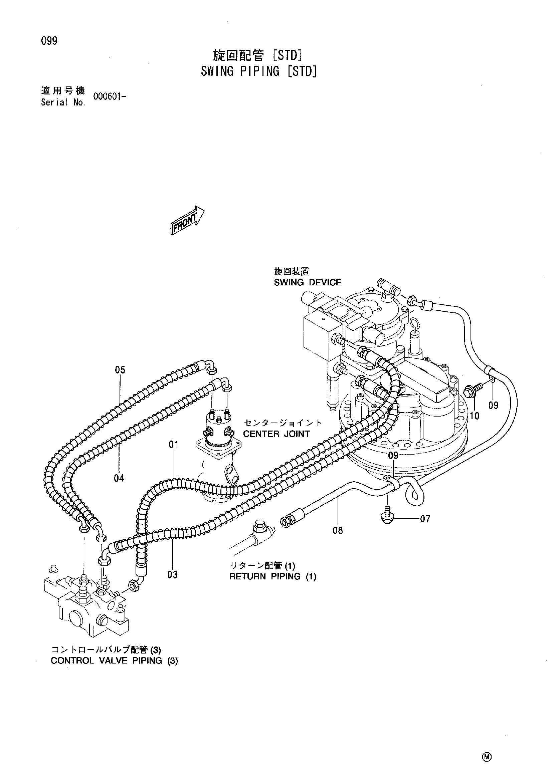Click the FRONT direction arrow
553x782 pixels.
(x=187, y=220)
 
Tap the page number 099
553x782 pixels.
(x=49, y=41)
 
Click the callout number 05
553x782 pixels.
(x=120, y=370)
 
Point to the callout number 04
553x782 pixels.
(x=119, y=478)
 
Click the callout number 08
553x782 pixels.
(x=338, y=530)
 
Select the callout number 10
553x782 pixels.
(x=474, y=416)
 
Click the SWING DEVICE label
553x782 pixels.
(x=308, y=282)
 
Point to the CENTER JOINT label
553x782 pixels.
(x=276, y=434)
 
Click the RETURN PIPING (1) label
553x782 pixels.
(x=272, y=577)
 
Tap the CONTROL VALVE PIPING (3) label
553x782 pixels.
(x=115, y=661)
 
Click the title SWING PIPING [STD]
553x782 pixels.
(x=258, y=71)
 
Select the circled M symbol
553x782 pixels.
(x=487, y=735)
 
